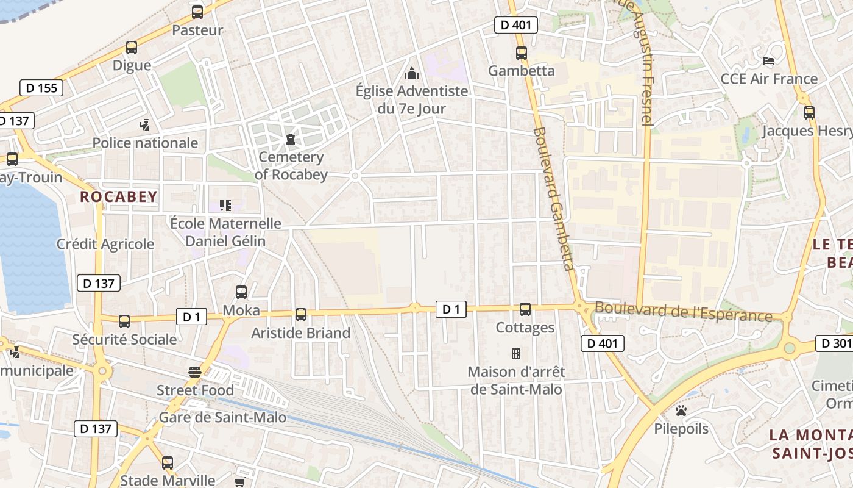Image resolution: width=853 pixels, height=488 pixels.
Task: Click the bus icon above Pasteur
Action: click(197, 12)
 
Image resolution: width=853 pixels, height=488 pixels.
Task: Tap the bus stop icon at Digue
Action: click(132, 47)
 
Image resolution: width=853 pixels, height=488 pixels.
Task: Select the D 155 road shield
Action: click(42, 88)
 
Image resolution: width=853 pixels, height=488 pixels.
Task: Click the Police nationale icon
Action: click(144, 125)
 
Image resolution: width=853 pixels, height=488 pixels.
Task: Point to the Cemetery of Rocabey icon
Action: click(291, 140)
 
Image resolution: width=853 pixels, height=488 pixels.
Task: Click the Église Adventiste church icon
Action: click(412, 74)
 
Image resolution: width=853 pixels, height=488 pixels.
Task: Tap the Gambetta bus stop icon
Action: click(522, 53)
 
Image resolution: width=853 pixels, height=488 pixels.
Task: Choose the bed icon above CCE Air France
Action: click(769, 61)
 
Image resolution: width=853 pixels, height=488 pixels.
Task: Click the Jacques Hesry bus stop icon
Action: click(809, 112)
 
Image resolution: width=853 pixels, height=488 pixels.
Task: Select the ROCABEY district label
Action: click(119, 196)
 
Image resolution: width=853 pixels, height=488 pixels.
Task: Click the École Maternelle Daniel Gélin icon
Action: click(225, 206)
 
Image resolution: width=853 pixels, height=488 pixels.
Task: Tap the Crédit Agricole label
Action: click(105, 244)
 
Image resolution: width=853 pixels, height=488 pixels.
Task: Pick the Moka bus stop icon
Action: click(241, 292)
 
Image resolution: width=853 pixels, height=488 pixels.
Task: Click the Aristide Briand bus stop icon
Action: click(301, 315)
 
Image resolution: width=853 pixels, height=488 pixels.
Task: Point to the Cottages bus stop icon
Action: click(525, 309)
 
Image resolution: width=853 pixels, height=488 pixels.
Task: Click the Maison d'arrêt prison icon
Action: click(516, 354)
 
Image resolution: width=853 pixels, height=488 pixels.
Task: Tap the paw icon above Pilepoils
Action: click(681, 411)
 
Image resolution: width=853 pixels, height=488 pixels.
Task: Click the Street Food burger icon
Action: click(195, 372)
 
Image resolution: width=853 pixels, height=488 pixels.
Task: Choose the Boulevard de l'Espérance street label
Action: click(683, 312)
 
